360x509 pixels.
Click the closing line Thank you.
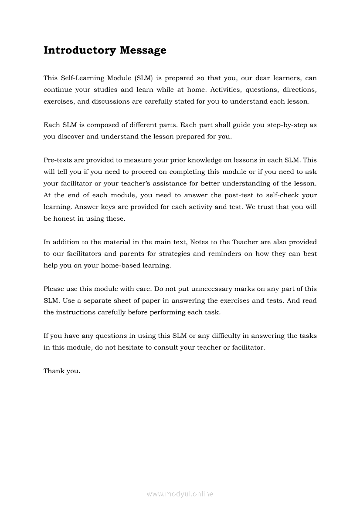click(62, 371)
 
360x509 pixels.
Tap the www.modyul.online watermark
click(180, 494)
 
